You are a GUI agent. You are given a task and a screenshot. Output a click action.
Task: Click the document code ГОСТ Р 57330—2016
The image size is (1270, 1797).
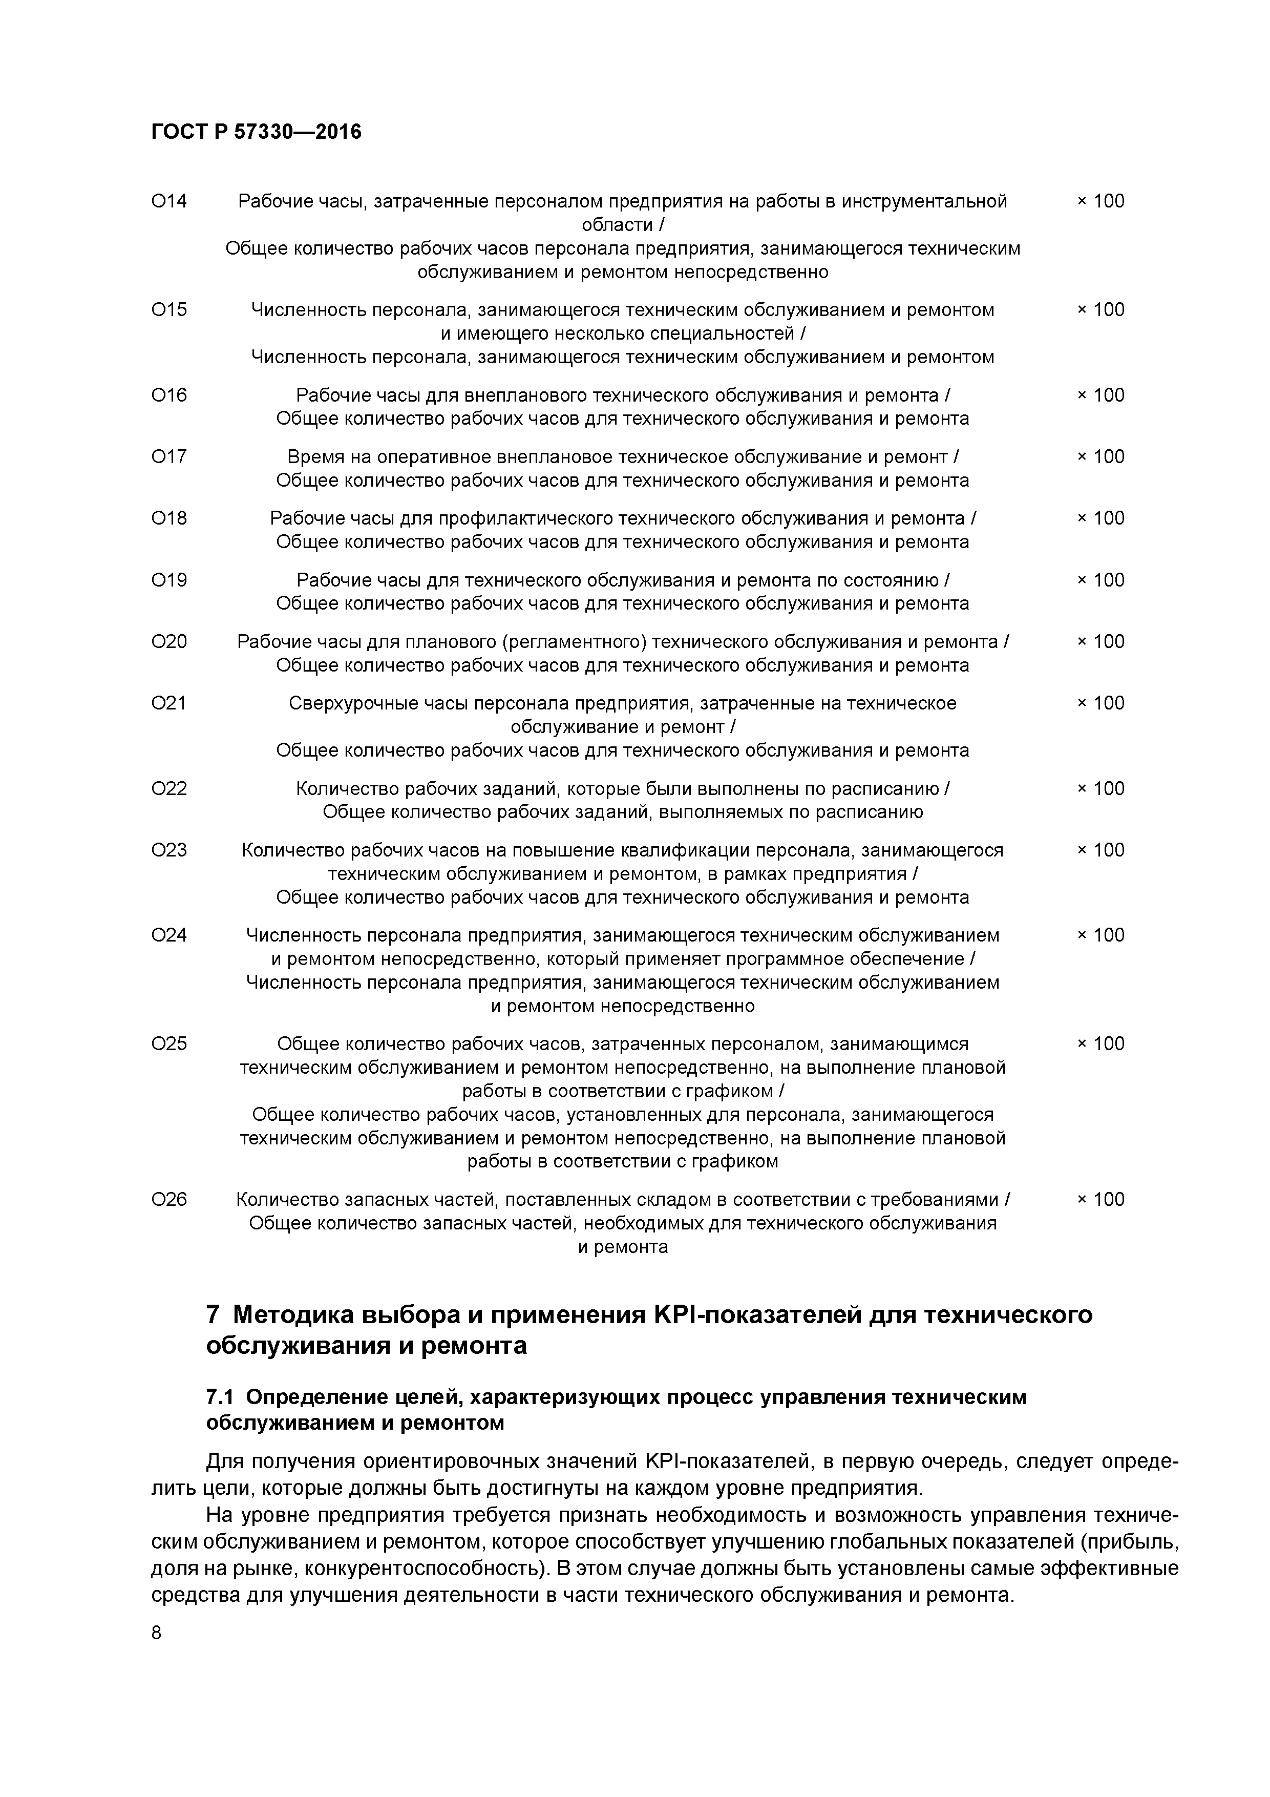point(256,132)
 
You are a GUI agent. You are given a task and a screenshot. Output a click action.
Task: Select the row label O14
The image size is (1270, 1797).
point(169,201)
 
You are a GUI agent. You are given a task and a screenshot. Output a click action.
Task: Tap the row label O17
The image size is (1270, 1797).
point(169,456)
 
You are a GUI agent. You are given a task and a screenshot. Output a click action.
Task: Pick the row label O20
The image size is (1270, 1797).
point(169,642)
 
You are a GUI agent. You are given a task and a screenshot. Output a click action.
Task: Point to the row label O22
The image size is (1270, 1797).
point(169,788)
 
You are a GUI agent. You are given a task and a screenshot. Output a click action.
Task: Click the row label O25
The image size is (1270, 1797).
point(169,1043)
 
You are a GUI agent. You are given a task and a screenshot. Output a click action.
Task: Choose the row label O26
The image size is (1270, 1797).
point(169,1199)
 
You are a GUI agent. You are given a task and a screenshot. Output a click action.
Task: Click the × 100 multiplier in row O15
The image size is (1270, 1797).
point(1100,310)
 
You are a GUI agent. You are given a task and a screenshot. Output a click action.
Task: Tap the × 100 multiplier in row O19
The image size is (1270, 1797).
point(1100,580)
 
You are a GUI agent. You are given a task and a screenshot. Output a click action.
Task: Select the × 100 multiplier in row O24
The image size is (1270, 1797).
point(1100,935)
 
